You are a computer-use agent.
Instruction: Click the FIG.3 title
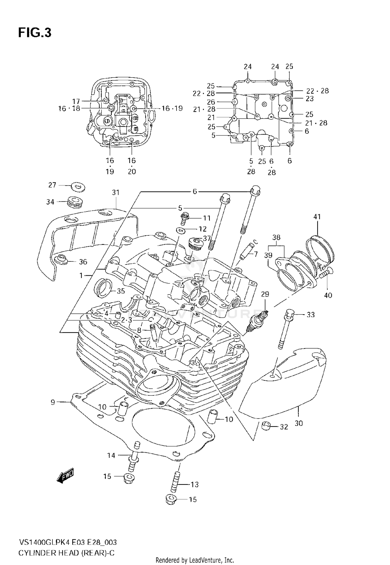[x=35, y=33]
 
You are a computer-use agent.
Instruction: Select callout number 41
[x=317, y=217]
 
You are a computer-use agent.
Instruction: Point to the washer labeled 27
[x=78, y=187]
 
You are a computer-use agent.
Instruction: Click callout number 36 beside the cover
[x=83, y=262]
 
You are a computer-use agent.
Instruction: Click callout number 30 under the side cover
[x=299, y=423]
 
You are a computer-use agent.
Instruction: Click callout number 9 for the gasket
[x=53, y=402]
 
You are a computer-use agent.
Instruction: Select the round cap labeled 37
[x=193, y=243]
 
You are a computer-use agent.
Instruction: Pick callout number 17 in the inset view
[x=76, y=101]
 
